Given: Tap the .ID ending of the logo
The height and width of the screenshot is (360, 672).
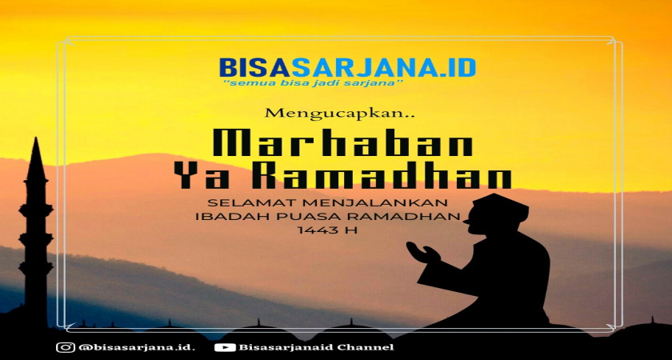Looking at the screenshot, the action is tap(458, 68).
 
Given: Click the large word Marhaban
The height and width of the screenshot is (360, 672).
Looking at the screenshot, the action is tap(343, 142).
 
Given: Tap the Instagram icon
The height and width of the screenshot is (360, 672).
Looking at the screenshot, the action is tap(66, 346).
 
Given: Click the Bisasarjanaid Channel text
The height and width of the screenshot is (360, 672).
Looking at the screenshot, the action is tap(316, 347).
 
